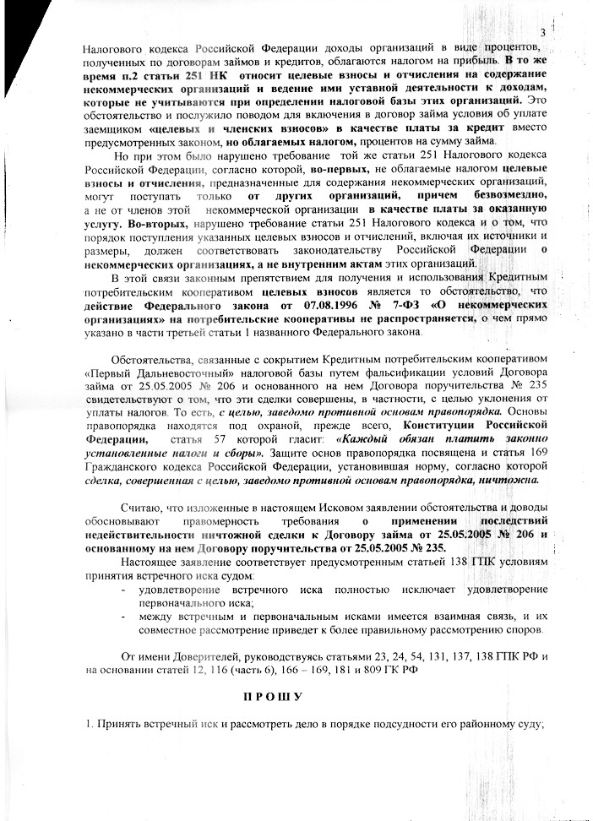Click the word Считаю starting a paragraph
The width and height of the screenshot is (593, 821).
(142, 506)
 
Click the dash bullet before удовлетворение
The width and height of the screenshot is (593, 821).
(124, 589)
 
